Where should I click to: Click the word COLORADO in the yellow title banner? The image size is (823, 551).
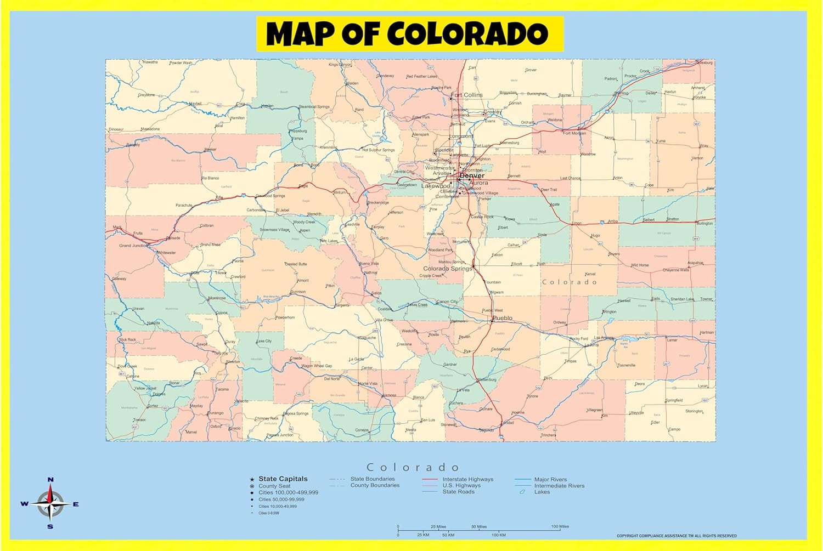point(467,34)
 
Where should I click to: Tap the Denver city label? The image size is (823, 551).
point(472,175)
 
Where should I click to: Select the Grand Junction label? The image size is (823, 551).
point(133,246)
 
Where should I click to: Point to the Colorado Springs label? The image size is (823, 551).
point(447,269)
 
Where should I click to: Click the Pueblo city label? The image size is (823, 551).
point(503,318)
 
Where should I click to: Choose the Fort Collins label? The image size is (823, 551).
point(467,95)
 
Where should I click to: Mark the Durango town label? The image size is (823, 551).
point(216,413)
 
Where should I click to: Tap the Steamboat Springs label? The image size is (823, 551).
point(314,107)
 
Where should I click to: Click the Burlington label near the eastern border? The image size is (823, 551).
point(704,223)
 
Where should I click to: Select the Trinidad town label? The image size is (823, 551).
point(508,423)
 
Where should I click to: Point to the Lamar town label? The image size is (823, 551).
point(672,340)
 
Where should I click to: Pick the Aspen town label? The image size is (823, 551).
point(305,230)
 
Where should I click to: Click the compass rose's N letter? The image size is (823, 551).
point(50,480)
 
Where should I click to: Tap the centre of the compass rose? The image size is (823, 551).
point(50,504)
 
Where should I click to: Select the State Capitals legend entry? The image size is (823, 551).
point(283,479)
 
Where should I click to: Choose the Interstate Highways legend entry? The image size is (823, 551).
point(467,479)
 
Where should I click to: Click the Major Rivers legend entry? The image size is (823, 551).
point(550,479)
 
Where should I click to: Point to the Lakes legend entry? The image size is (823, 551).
point(542,492)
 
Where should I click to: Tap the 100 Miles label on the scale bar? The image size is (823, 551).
point(560,526)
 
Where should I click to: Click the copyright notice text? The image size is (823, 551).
point(677,536)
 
